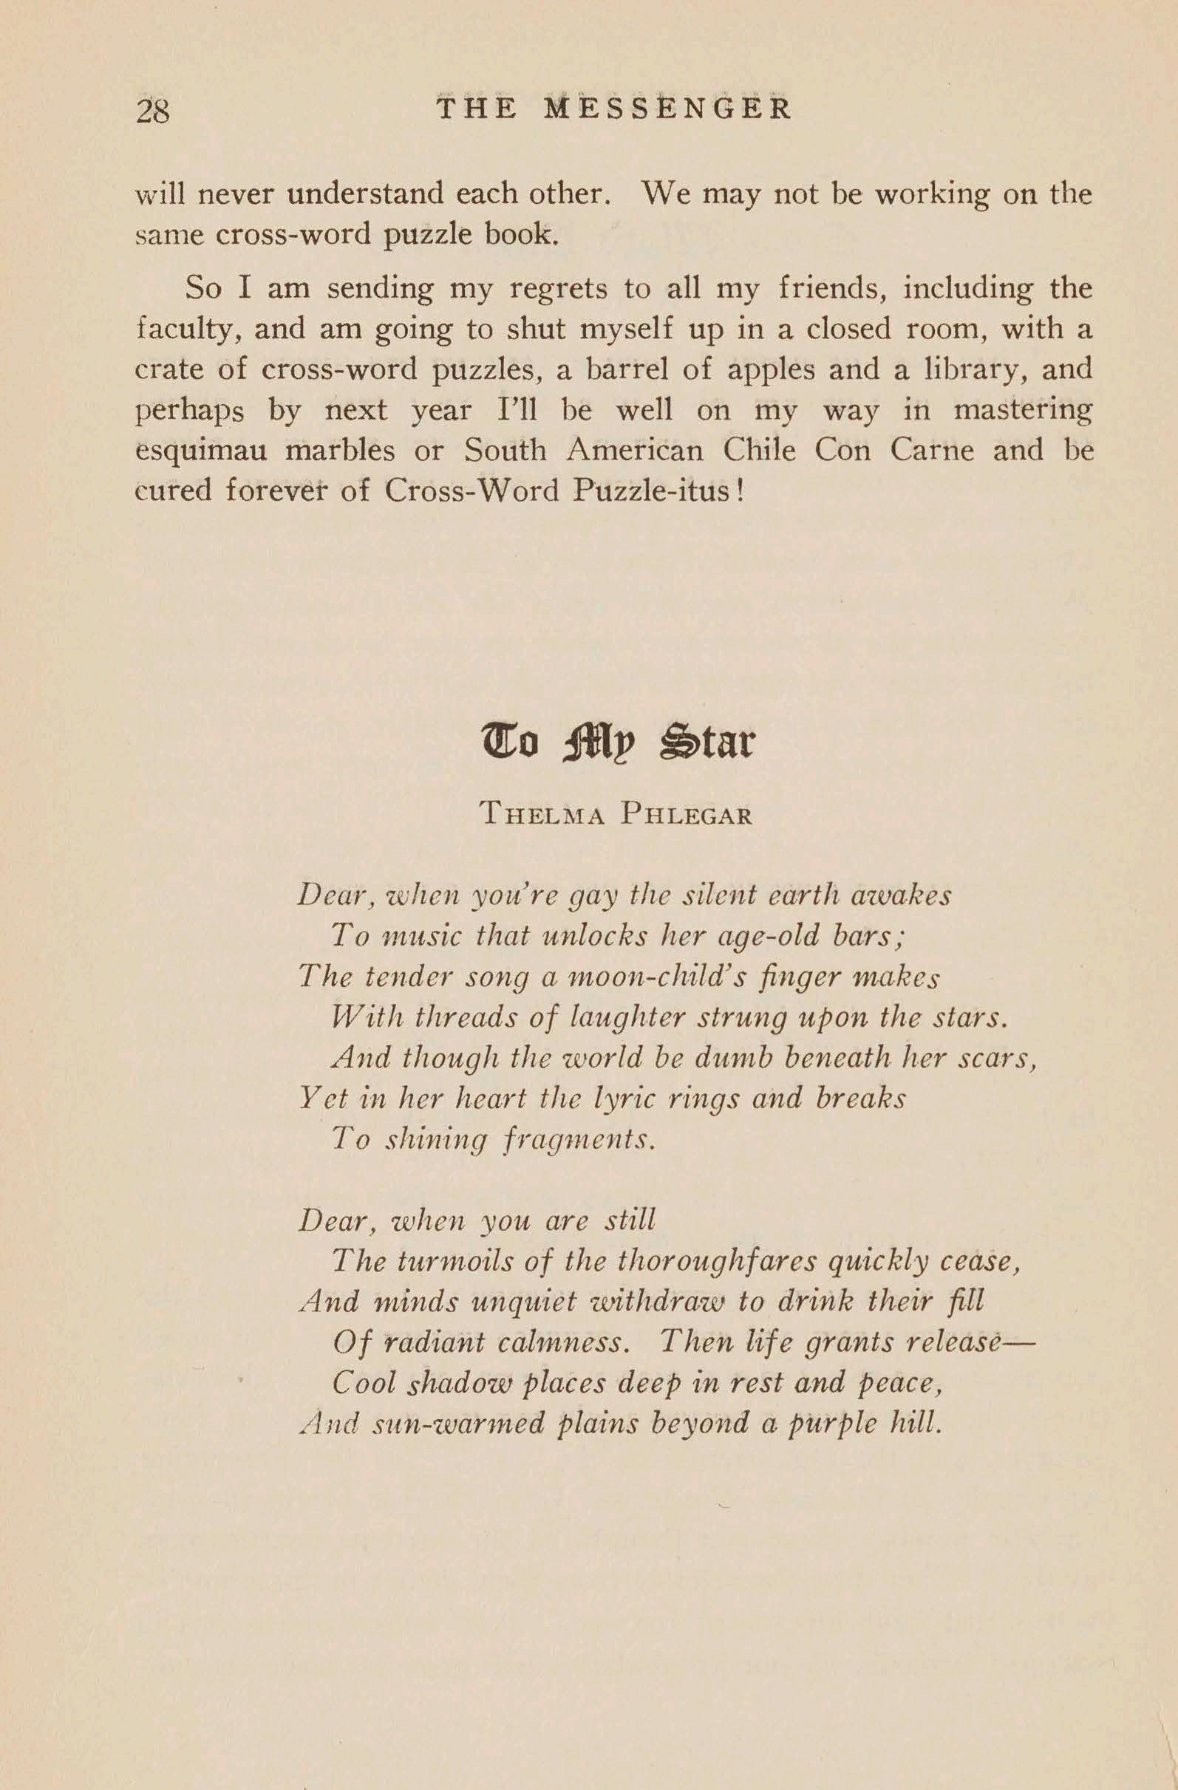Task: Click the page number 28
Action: tap(153, 111)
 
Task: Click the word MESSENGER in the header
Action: tap(667, 109)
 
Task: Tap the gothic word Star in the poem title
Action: tap(707, 743)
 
